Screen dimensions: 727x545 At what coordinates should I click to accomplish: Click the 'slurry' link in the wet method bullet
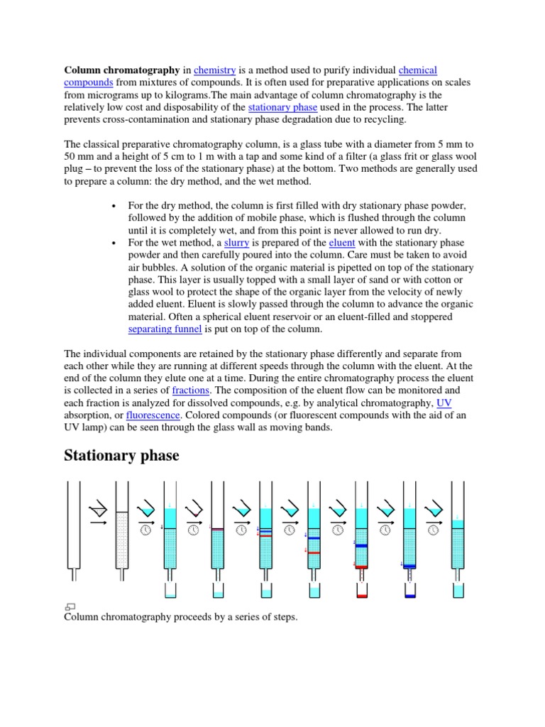point(236,243)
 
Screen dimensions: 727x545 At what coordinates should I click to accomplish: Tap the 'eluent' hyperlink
point(341,243)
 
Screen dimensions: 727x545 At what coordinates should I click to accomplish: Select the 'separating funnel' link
point(165,329)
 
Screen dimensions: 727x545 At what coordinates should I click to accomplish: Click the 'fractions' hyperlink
point(189,390)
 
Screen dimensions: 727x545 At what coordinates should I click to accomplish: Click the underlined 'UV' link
point(444,403)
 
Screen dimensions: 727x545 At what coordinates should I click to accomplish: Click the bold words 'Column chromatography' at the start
point(122,70)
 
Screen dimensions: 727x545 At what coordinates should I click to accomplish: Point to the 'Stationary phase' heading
point(121,455)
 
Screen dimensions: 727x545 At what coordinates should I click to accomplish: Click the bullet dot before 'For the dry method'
point(114,206)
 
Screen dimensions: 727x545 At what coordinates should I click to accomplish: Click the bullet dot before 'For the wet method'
point(114,243)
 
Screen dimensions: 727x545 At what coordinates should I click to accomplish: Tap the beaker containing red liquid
point(361,591)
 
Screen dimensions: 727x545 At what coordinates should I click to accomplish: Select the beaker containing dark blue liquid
point(409,591)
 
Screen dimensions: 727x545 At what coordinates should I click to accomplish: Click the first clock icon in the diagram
point(145,529)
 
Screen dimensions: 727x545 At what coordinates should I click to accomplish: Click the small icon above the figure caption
point(70,606)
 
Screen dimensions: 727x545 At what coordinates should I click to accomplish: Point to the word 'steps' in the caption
point(281,617)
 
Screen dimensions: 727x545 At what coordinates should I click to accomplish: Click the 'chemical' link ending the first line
point(418,70)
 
